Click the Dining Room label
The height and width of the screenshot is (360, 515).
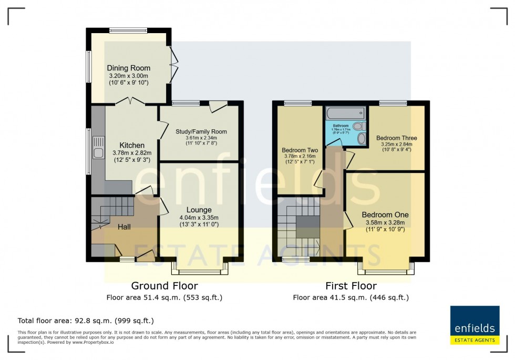pyautogui.click(x=129, y=68)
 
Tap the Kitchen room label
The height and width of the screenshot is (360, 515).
pyautogui.click(x=131, y=145)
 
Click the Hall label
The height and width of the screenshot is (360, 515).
pyautogui.click(x=124, y=227)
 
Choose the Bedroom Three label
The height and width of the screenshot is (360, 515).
pyautogui.click(x=397, y=138)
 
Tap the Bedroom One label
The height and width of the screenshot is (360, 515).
pyautogui.click(x=385, y=215)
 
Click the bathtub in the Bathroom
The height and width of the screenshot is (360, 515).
pyautogui.click(x=345, y=112)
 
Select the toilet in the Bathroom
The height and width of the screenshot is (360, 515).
pyautogui.click(x=359, y=127)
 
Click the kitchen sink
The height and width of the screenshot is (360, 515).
pyautogui.click(x=98, y=147)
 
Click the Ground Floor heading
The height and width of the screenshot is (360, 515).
pyautogui.click(x=164, y=286)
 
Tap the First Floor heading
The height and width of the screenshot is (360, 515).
pyautogui.click(x=351, y=286)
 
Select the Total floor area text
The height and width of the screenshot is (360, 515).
pyautogui.click(x=86, y=321)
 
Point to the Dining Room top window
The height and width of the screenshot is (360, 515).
pyautogui.click(x=128, y=30)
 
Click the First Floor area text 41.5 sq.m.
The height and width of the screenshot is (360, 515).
pyautogui.click(x=351, y=297)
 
